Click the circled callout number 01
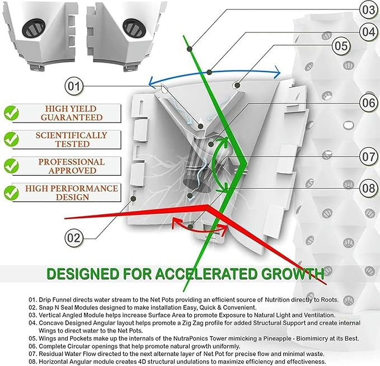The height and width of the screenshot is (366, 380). point(74,86)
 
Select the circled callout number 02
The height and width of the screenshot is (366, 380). point(74,238)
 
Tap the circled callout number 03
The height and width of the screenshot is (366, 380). point(369,10)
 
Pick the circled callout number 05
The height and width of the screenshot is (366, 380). point(341,45)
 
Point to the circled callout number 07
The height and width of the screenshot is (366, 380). point(369,157)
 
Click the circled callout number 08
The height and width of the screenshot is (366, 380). point(369,189)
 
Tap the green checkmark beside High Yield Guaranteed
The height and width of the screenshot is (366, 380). point(11,113)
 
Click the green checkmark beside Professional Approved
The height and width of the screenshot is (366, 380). point(11,166)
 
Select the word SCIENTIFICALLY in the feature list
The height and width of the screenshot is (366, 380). point(71,135)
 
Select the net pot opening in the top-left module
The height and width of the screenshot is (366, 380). point(33,28)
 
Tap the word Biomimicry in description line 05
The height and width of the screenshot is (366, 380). point(312,339)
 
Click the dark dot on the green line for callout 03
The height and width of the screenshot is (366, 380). point(190,49)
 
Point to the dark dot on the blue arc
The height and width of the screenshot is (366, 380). point(210,72)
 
